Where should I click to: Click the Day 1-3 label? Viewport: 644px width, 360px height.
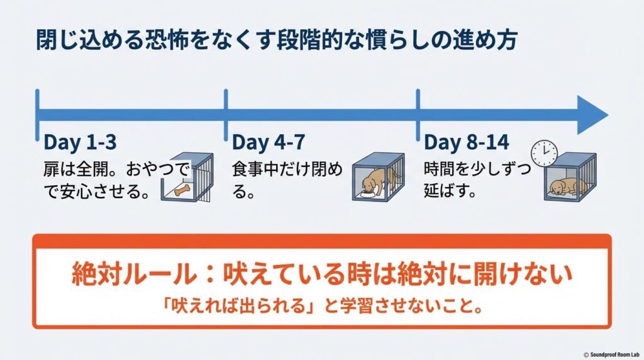point(80,142)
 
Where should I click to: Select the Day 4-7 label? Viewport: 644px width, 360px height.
point(268,142)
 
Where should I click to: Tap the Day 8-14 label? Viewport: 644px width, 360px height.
point(466,142)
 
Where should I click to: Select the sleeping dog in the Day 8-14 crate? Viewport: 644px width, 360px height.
point(568,186)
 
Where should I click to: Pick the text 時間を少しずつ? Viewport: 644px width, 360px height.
point(477,170)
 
